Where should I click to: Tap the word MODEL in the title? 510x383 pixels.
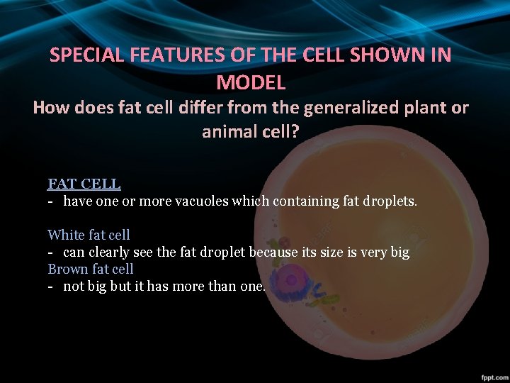[251, 82]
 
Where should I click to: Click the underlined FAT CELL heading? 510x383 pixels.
[84, 184]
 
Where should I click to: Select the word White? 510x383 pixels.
[64, 235]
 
